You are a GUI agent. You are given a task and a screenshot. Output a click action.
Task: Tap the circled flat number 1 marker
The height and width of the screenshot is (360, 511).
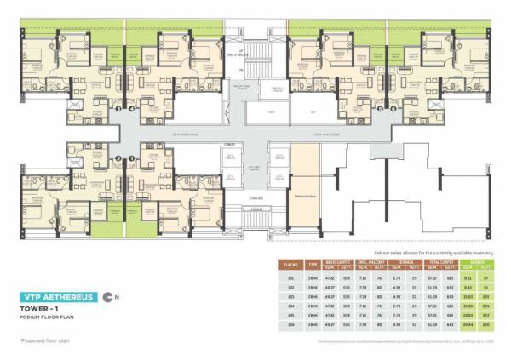point(132,157)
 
